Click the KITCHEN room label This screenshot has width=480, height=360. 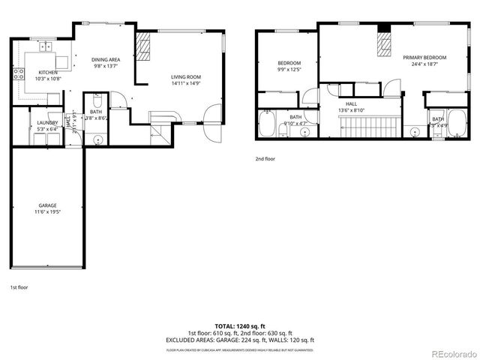click(37, 72)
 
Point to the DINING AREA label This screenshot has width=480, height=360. click(106, 59)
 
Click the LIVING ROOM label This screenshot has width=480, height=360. click(185, 76)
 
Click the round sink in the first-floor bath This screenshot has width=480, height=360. click(97, 139)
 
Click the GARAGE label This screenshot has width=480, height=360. click(48, 205)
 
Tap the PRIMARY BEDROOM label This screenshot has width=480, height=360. click(424, 58)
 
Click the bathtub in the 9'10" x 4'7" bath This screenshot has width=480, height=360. click(268, 125)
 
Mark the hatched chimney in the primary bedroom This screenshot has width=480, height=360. click(384, 46)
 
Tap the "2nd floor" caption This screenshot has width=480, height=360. click(265, 158)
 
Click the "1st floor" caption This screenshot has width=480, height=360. click(19, 287)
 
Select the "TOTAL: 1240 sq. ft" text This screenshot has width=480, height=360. click(240, 326)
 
